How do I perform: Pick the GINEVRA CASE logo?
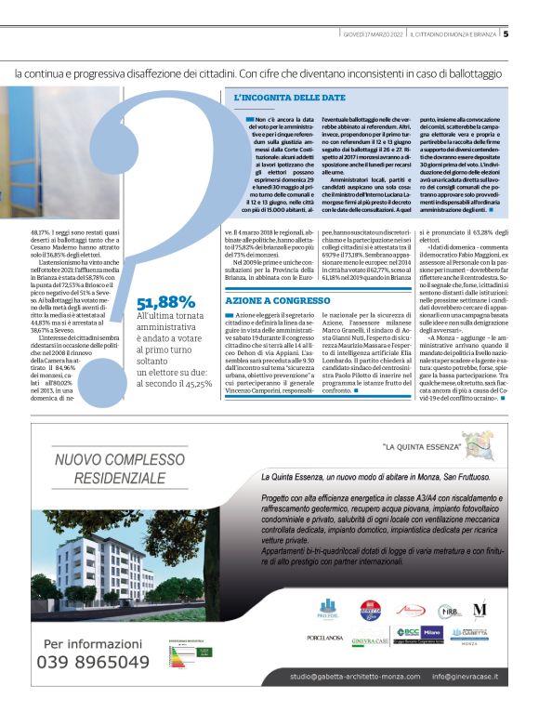(x=375, y=637)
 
